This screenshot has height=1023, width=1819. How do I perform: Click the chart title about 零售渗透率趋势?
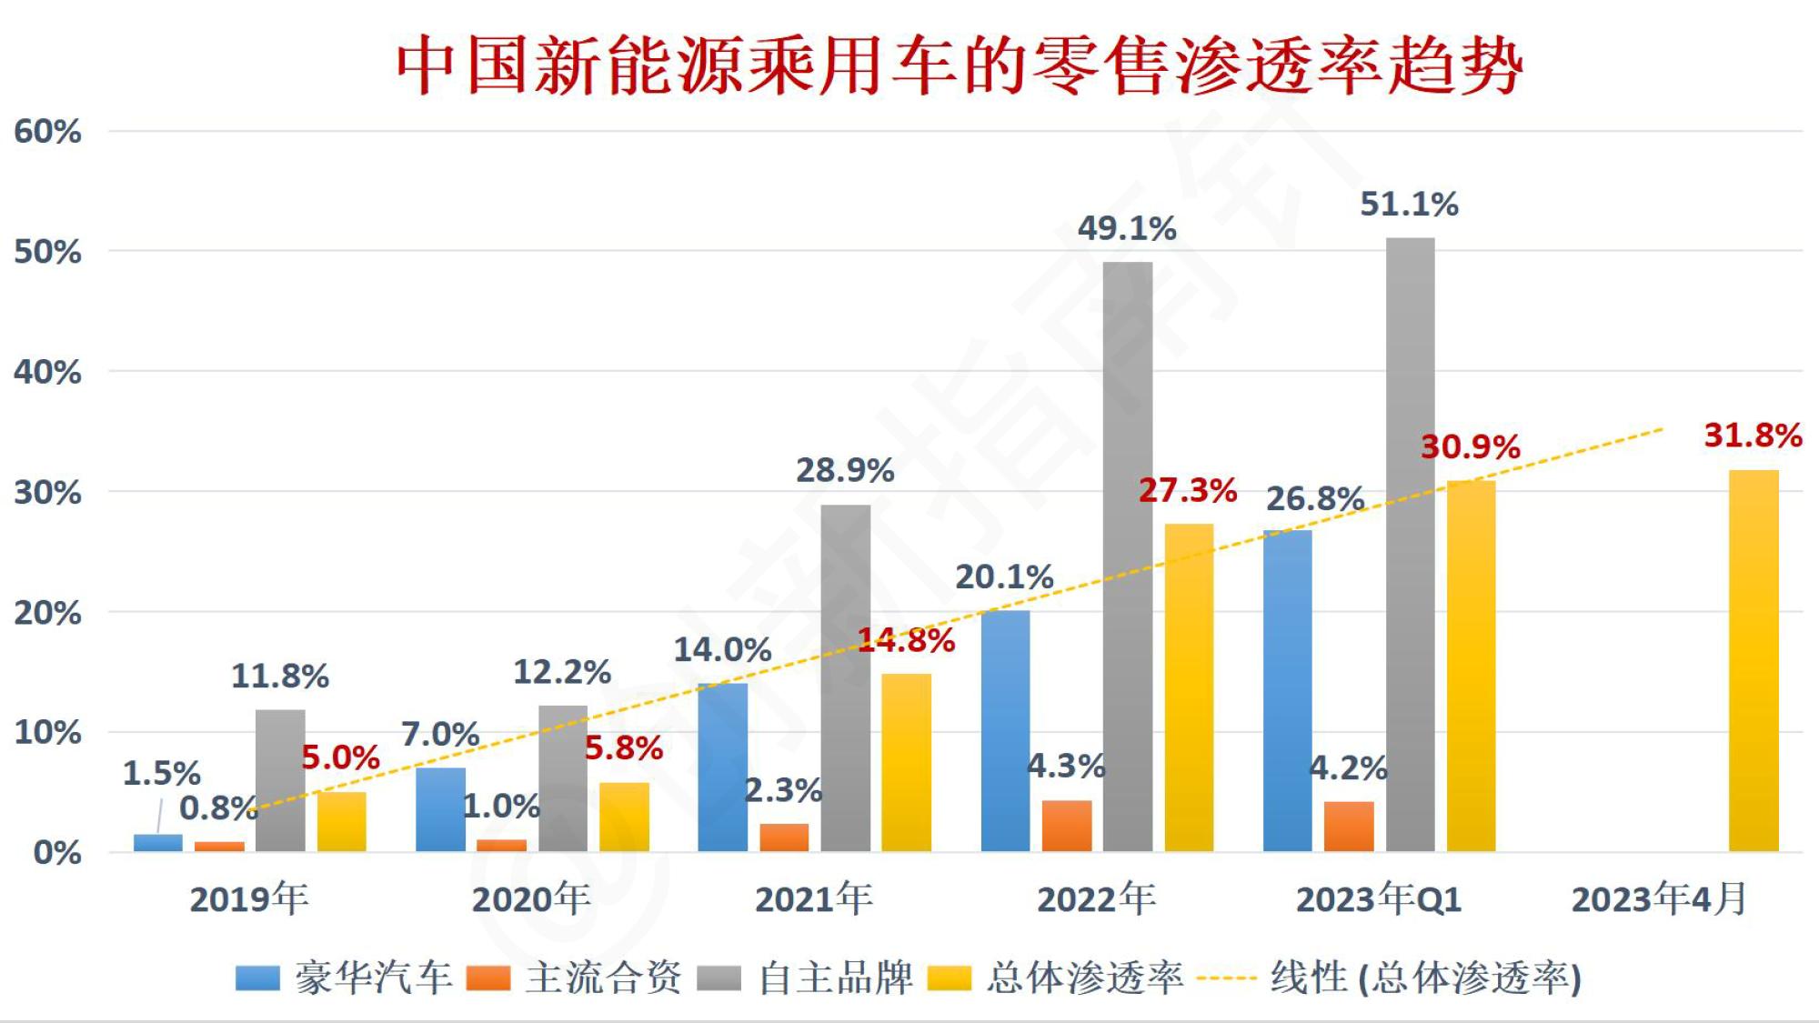[x=960, y=65]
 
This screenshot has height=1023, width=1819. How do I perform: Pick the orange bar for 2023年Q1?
[x=1348, y=827]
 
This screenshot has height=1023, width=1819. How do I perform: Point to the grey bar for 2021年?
[x=845, y=677]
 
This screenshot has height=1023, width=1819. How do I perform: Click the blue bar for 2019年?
[x=157, y=842]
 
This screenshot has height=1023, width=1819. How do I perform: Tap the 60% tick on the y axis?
[x=47, y=132]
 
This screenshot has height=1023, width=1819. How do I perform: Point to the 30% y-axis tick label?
[x=47, y=493]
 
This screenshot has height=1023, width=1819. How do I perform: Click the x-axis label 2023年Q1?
[x=1378, y=899]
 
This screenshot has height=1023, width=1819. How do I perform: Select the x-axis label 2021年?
[x=813, y=899]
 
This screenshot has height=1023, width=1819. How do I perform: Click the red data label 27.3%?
[x=1188, y=491]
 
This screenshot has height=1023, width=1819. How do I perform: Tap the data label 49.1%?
[x=1127, y=228]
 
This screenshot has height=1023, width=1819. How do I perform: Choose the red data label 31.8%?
[x=1753, y=436]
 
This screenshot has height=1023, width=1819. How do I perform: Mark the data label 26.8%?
[x=1315, y=498]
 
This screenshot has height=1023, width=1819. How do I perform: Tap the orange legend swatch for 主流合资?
[x=487, y=978]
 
